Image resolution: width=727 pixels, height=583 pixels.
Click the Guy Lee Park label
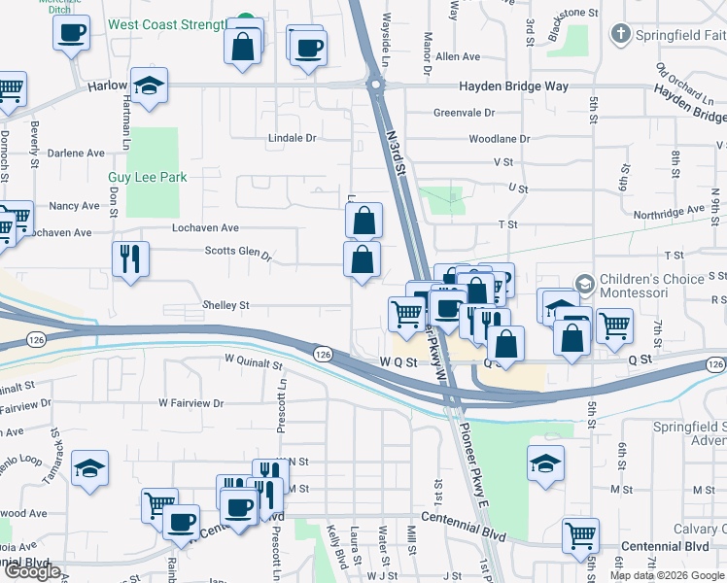pyautogui.click(x=147, y=178)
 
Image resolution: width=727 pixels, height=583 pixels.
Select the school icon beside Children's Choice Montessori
pyautogui.click(x=585, y=284)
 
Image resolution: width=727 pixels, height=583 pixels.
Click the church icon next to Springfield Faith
pyautogui.click(x=618, y=35)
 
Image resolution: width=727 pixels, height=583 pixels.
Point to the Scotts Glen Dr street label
pyautogui.click(x=237, y=253)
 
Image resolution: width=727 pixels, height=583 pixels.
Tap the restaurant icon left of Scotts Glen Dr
pyautogui.click(x=130, y=259)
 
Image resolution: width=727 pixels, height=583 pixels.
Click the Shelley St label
pyautogui.click(x=225, y=305)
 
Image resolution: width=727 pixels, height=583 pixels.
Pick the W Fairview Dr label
pyautogui.click(x=190, y=402)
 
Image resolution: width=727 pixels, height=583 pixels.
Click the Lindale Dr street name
pyautogui.click(x=293, y=138)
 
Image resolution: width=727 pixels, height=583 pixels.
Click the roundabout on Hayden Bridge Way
pyautogui.click(x=374, y=86)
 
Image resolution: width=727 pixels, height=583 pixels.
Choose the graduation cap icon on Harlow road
pyautogui.click(x=150, y=86)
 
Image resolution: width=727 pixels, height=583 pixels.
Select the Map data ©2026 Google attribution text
pyautogui.click(x=667, y=575)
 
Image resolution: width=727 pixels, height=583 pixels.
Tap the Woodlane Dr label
pyautogui.click(x=499, y=139)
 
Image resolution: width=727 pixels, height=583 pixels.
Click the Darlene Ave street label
pyautogui.click(x=76, y=154)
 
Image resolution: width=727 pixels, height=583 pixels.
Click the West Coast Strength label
pyautogui.click(x=166, y=23)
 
